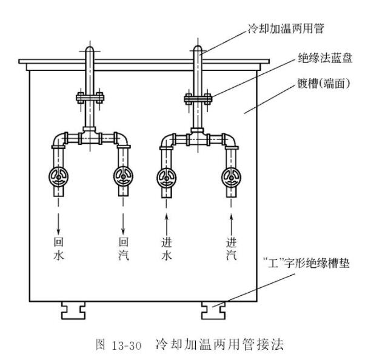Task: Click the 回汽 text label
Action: click(124, 248)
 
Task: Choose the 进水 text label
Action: click(166, 248)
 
